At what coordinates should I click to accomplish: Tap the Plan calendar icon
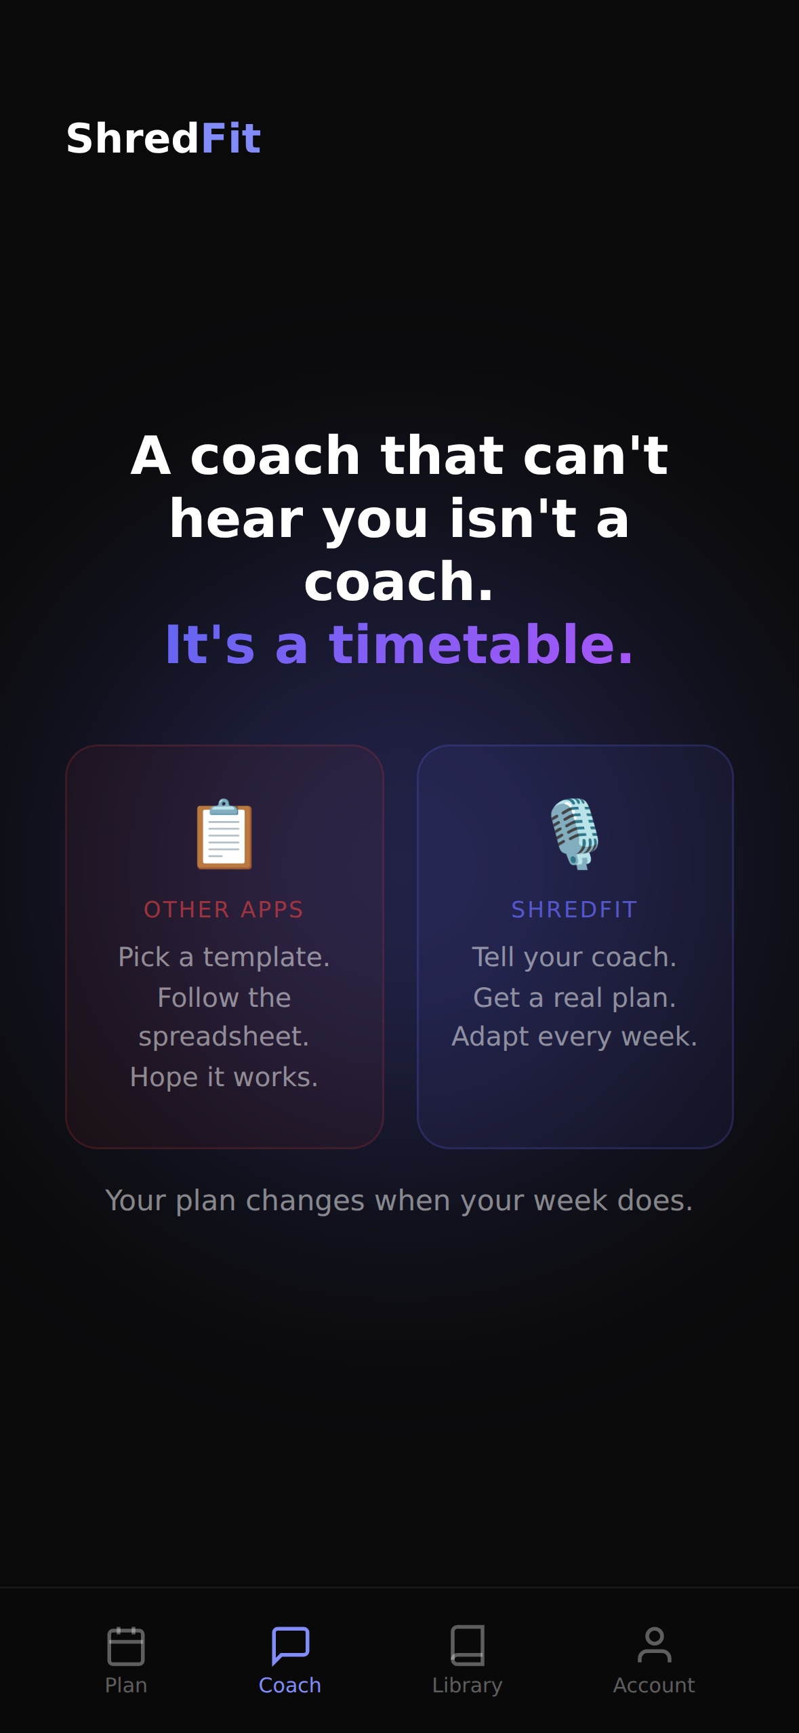click(x=126, y=1646)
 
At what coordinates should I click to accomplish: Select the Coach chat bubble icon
click(x=290, y=1646)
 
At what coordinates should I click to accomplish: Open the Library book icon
click(x=467, y=1645)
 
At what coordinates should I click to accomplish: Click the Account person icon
click(x=654, y=1645)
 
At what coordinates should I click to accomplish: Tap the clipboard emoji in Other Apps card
click(x=224, y=834)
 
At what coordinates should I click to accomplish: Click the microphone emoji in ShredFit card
click(x=575, y=834)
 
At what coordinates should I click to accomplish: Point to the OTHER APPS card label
click(x=224, y=909)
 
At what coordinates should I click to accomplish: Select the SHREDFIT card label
click(x=575, y=909)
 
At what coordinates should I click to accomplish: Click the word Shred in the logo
click(x=132, y=139)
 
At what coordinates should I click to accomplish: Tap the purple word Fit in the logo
click(x=230, y=139)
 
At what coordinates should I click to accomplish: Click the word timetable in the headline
click(x=472, y=644)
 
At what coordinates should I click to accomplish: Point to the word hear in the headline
click(x=236, y=519)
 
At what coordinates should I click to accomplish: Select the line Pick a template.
click(x=224, y=957)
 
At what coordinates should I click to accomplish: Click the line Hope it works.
click(x=224, y=1077)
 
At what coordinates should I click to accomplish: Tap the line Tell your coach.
click(x=575, y=957)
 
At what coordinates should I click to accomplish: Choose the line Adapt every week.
click(x=575, y=1036)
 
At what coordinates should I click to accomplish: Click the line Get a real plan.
click(x=575, y=997)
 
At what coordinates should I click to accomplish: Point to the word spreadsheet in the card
click(x=224, y=1036)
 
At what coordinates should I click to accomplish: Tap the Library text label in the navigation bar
click(x=467, y=1685)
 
